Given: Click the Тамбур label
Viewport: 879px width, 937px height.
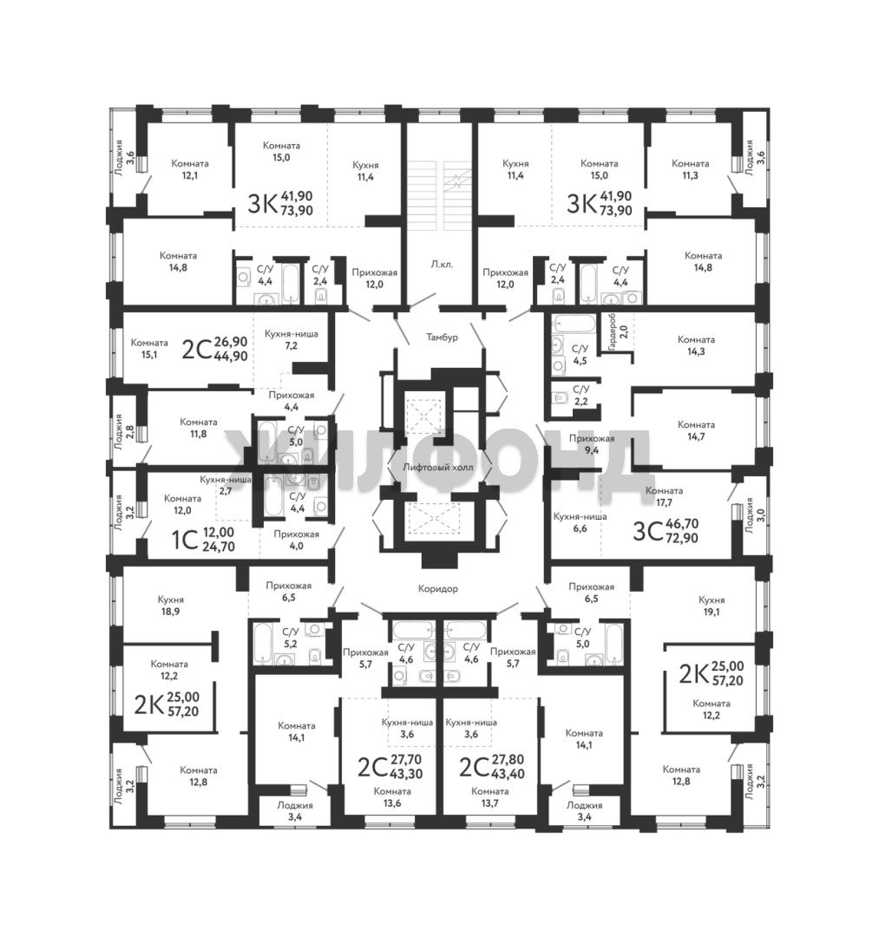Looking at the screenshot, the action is coord(443,337).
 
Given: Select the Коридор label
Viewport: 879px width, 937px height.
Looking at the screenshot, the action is coord(438,588).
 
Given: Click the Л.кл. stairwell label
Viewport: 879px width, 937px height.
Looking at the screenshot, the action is coord(442,264).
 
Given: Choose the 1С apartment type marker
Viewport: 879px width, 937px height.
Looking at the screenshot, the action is coord(185,541).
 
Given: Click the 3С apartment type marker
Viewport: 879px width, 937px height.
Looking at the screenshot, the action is coord(647,530).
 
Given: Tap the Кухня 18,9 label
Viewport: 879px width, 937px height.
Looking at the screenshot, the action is coord(171,606).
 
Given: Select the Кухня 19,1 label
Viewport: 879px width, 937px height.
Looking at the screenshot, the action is coord(712,606).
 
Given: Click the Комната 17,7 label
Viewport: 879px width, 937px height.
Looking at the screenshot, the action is coord(665,496).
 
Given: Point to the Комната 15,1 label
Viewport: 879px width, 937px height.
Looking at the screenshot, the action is coord(149,349).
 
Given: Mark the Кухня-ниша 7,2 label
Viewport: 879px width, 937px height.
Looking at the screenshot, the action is coord(291,340).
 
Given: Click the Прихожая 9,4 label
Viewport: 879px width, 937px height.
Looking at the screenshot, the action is coord(592,444).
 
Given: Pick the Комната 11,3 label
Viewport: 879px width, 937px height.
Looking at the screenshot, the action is coord(690,169).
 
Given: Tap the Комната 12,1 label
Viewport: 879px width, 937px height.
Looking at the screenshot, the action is coord(190,169).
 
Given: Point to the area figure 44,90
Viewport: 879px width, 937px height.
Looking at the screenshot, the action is coord(231,357).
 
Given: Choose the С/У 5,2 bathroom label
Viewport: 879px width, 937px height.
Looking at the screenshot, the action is coord(291,637).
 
